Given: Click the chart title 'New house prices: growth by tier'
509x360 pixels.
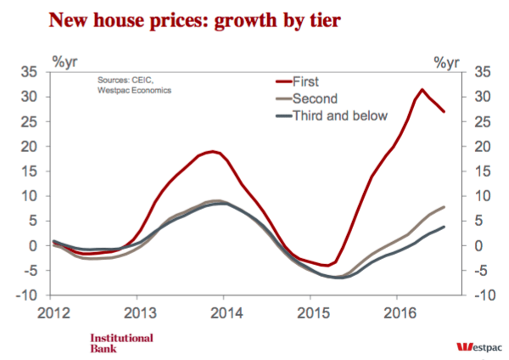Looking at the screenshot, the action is tap(195, 20).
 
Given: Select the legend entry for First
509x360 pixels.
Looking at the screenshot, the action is tap(298, 82).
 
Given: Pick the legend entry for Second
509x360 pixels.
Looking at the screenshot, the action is tap(307, 98).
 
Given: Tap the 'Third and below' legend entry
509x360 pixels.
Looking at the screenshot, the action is tap(332, 115).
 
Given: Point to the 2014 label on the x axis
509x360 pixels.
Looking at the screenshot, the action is tap(227, 313).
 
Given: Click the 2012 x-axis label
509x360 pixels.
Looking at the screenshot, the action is tap(53, 313).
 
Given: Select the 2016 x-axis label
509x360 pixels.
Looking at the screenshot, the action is tap(400, 313).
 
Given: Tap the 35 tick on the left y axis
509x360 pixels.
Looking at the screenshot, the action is tap(29, 72).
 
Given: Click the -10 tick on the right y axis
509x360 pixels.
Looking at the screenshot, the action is tap(485, 295).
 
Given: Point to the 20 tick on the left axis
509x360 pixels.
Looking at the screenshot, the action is tap(29, 147).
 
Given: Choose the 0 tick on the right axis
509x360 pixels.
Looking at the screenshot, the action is tap(478, 246).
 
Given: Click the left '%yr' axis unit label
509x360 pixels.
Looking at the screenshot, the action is tap(65, 62).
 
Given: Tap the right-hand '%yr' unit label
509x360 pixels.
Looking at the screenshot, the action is tap(447, 62).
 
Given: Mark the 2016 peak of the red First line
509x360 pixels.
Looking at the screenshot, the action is tap(422, 89).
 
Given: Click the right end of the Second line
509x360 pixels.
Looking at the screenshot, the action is tap(444, 207).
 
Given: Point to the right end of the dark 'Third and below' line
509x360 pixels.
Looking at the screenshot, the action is tap(444, 227).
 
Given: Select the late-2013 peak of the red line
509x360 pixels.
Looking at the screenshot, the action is tap(213, 151).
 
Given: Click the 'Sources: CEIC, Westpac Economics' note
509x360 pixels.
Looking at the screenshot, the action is tap(134, 85).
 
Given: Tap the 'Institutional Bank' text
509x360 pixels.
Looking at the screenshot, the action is tap(121, 343).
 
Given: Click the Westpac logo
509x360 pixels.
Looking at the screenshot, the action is tap(479, 347).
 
